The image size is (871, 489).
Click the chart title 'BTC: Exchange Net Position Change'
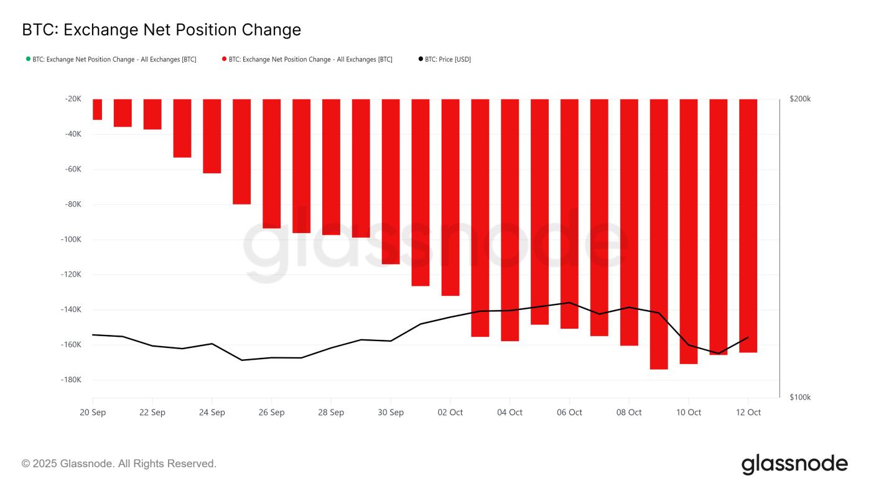click(x=161, y=30)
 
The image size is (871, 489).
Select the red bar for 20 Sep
click(x=97, y=109)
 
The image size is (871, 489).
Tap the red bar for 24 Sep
click(x=212, y=136)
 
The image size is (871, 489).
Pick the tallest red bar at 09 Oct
click(x=659, y=234)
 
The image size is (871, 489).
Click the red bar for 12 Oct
click(x=748, y=226)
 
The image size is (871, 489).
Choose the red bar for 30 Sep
click(x=391, y=181)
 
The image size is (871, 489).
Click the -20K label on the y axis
click(x=72, y=99)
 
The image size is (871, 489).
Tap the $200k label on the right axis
click(x=799, y=99)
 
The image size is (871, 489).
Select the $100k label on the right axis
click(x=799, y=397)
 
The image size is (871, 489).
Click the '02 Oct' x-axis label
click(x=450, y=413)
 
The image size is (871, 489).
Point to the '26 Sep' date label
click(x=271, y=413)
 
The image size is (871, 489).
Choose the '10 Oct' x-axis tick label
click(x=689, y=413)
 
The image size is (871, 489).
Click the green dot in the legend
click(x=28, y=59)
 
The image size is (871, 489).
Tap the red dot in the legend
click(x=224, y=59)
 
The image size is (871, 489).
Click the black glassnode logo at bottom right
click(x=794, y=464)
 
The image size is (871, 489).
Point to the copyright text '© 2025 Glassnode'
click(x=119, y=464)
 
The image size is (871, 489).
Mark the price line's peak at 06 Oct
click(x=569, y=303)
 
